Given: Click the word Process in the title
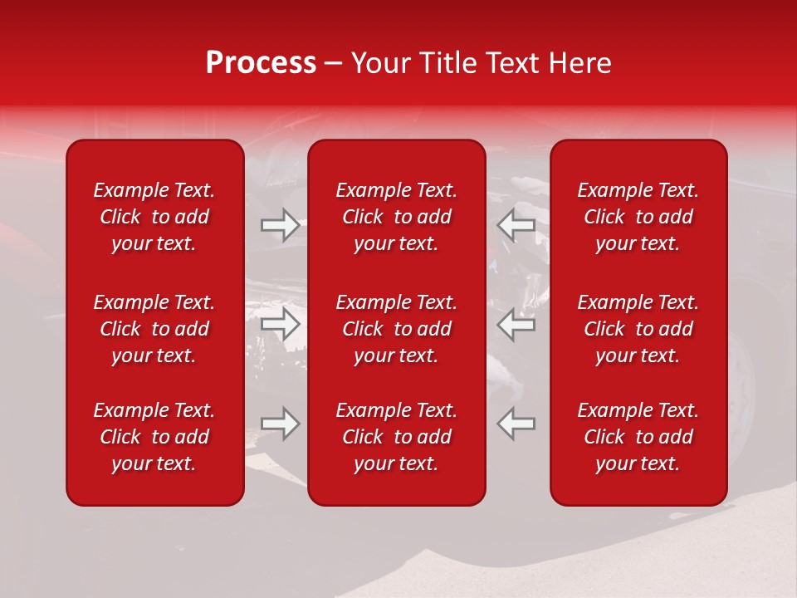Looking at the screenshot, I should click(261, 63).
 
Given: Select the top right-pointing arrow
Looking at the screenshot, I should click(280, 225).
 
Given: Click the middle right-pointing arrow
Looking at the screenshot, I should click(280, 324).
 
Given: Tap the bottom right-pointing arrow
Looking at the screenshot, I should click(280, 424).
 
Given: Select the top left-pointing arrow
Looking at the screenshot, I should click(516, 225).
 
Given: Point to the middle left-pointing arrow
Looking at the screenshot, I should click(516, 324).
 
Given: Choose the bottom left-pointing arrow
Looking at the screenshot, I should click(516, 424).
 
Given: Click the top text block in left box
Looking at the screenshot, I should click(154, 217).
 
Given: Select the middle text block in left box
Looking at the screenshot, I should click(154, 329).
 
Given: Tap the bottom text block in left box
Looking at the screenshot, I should click(154, 437).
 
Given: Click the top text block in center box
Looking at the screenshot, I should click(397, 217).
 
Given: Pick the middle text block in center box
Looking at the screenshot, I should click(397, 329).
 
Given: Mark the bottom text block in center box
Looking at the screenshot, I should click(397, 437).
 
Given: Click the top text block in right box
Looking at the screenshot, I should click(638, 217).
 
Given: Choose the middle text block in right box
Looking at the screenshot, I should click(638, 329).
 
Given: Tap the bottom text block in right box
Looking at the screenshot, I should click(638, 437).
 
